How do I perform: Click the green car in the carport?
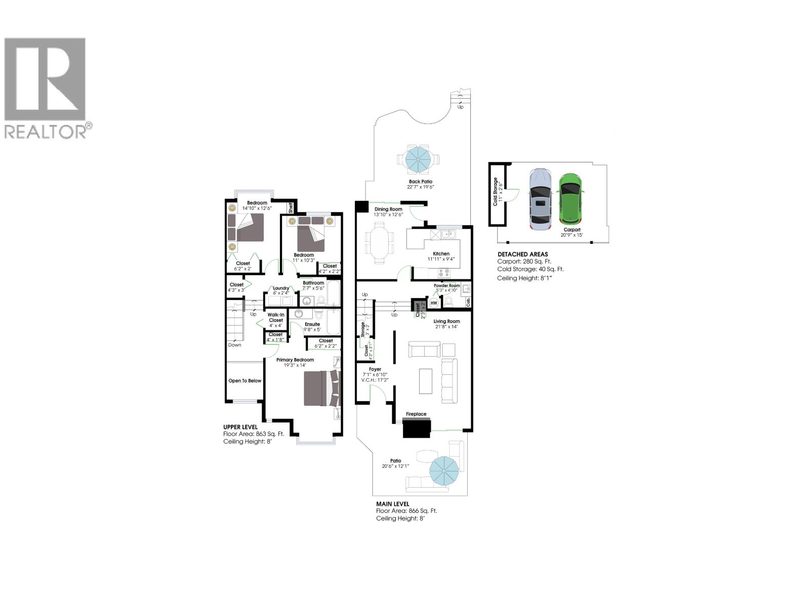(571, 199)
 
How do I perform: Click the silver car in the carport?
(540, 200)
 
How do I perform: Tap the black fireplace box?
(417, 428)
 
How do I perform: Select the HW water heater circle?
(434, 302)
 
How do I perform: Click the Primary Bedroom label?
(295, 360)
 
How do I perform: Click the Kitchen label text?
(441, 253)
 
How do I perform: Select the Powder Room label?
(447, 285)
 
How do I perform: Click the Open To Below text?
(245, 380)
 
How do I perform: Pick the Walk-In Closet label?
(276, 317)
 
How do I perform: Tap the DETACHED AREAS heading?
(522, 254)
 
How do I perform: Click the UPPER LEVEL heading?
(240, 427)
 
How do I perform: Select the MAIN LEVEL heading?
(392, 504)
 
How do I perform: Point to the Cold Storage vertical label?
(496, 192)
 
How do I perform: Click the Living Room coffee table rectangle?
(426, 381)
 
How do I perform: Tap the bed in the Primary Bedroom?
(321, 388)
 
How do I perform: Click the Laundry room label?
(281, 288)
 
